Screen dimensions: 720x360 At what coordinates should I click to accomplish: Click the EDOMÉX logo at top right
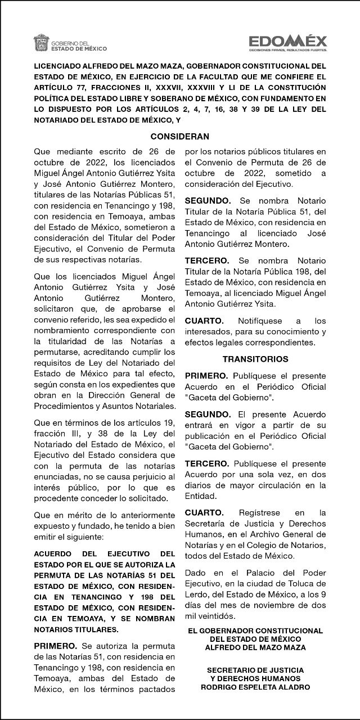coord(288,40)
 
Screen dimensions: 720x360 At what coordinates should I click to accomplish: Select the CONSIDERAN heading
coord(180,136)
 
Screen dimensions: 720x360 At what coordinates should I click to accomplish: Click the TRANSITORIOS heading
coord(255,358)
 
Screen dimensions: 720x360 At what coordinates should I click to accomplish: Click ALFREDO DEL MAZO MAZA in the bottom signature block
coord(255,647)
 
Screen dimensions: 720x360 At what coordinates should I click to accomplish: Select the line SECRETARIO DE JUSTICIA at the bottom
coord(255,670)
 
